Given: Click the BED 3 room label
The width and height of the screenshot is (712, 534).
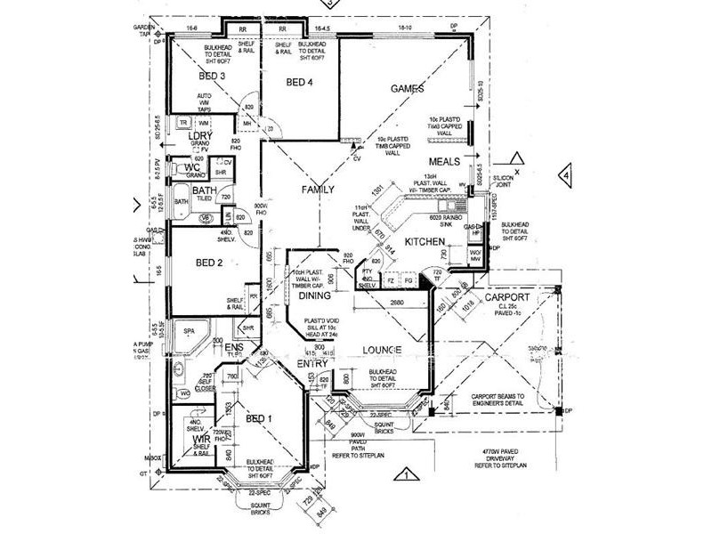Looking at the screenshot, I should pos(211,77).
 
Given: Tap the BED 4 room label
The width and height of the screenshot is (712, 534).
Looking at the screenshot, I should pos(297,83).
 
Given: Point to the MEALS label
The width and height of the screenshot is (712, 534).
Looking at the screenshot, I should pos(443,162).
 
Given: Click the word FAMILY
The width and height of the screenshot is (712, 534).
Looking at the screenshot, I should pos(318,190).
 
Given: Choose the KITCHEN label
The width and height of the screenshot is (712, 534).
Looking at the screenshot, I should pos(425,241).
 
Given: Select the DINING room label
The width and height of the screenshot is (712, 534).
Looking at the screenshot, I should pos(314,295).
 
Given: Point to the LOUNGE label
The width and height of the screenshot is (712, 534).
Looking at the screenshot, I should pos(384,350).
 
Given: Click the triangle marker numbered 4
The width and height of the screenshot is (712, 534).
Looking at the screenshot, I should pos(563,175).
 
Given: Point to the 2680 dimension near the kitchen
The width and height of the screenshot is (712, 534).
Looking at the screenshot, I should pos(396,303).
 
